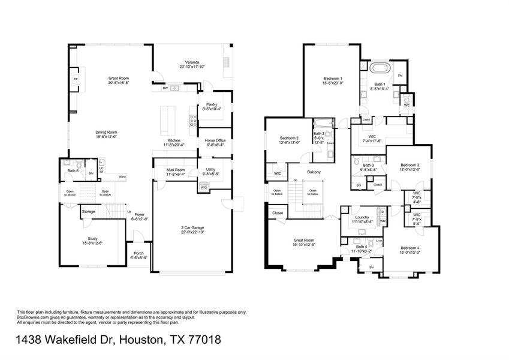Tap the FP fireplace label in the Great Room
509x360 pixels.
pos(76,79)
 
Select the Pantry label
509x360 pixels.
pos(212,104)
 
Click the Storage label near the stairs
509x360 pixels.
pos(88,211)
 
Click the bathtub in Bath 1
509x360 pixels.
pos(379,68)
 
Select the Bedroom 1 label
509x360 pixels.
pos(333,79)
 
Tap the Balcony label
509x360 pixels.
pos(314,172)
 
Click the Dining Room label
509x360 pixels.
pos(106,133)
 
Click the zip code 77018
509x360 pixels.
pos(203,340)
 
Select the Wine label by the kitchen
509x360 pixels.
pos(122,177)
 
